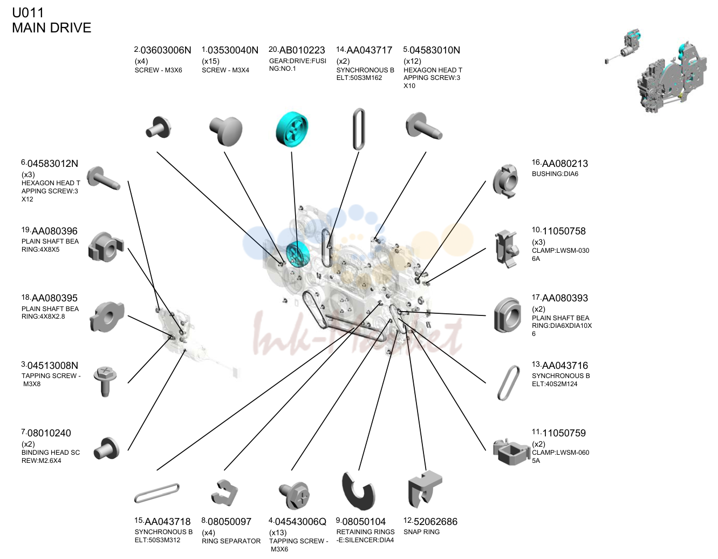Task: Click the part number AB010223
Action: coord(302,50)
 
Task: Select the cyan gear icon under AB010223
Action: coord(292,129)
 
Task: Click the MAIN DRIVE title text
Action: coord(52,28)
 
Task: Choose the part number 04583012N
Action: coord(53,164)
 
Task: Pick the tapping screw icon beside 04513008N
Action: coord(105,381)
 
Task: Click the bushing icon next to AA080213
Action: coord(505,181)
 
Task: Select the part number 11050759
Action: coord(564,433)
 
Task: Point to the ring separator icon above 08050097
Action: coord(224,493)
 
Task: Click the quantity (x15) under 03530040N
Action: coord(210,61)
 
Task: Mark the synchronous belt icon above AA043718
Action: coord(156,494)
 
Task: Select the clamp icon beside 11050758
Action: coord(506,249)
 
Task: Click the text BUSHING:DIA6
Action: coord(555,174)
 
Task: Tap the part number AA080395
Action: coord(54,298)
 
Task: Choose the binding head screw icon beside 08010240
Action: coord(107,449)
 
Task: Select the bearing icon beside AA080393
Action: coord(508,315)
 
